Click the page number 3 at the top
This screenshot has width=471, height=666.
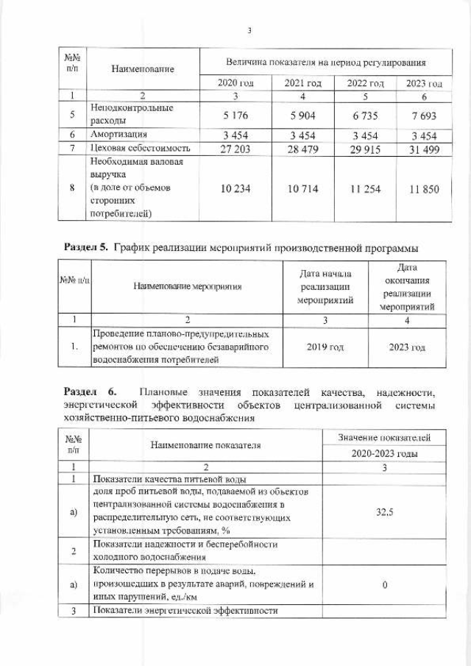click(249, 30)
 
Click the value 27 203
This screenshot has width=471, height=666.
click(235, 147)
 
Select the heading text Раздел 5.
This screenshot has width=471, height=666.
click(85, 247)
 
